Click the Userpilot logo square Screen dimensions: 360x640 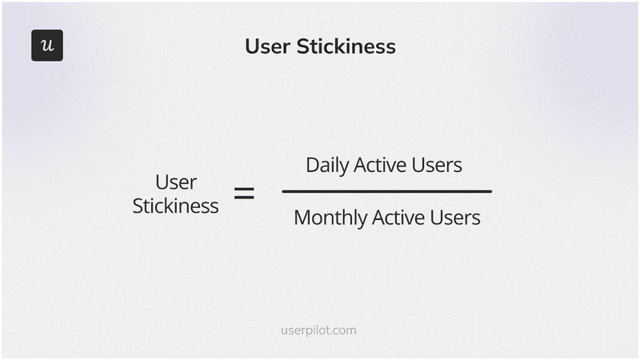click(x=47, y=46)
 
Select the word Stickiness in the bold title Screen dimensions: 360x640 click(x=346, y=46)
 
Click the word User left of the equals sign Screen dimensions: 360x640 click(x=176, y=182)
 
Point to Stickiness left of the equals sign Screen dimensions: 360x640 click(x=175, y=206)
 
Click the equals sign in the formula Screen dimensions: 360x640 click(x=244, y=193)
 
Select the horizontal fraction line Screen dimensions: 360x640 click(x=387, y=191)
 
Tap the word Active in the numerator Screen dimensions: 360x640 click(x=386, y=165)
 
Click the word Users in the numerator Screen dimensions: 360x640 click(x=442, y=165)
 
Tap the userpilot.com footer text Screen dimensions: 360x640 click(x=320, y=330)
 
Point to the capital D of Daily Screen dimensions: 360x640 click(x=312, y=165)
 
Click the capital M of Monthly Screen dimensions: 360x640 click(x=302, y=217)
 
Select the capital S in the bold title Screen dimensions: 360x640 click(x=302, y=46)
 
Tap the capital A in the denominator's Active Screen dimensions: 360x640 click(x=382, y=217)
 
